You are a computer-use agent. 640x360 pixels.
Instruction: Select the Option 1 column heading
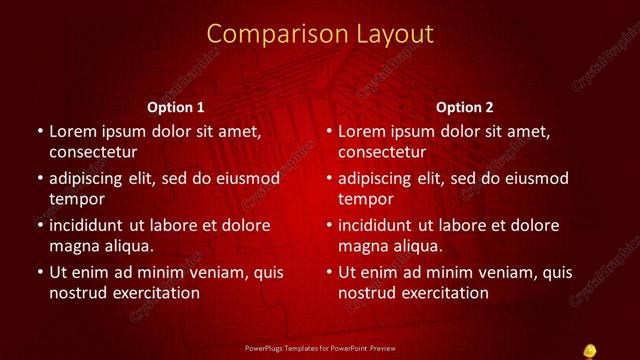tap(176, 107)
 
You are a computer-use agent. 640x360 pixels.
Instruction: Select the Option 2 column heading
tap(465, 107)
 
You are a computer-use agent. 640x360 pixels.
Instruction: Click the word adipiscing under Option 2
tap(383, 178)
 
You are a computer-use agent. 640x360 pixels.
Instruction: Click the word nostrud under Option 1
tap(76, 293)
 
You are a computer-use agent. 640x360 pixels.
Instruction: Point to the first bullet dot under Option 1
tap(39, 131)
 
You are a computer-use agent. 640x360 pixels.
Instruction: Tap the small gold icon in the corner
tap(590, 349)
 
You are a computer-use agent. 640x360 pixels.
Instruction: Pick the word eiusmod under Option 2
tap(533, 178)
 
